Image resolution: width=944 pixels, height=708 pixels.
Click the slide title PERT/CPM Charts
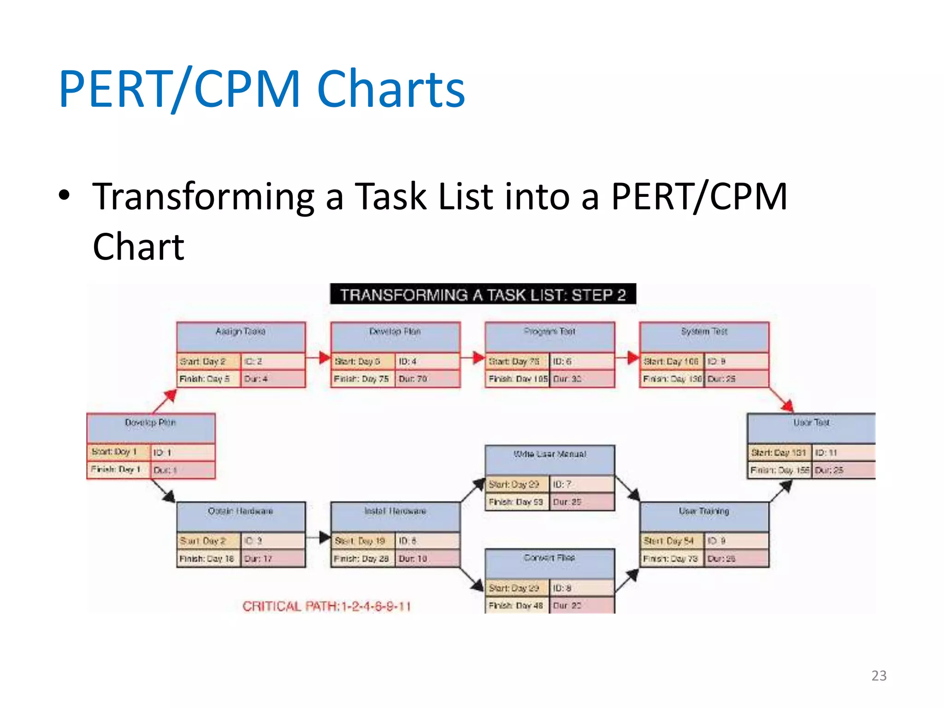[x=262, y=88]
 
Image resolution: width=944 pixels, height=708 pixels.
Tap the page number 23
[x=879, y=675]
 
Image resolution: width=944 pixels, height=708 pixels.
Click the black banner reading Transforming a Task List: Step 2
[x=483, y=295]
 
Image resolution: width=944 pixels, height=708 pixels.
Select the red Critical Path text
[x=326, y=606]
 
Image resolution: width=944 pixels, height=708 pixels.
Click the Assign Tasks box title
[x=240, y=331]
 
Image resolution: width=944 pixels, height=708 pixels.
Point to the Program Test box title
[x=549, y=331]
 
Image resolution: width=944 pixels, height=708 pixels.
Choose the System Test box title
[x=704, y=331]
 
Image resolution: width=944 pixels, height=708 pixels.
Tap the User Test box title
[x=811, y=423]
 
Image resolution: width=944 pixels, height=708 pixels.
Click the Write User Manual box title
[x=549, y=454]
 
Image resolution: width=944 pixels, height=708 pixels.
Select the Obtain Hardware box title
[x=240, y=511]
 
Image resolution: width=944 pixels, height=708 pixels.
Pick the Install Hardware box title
[x=395, y=511]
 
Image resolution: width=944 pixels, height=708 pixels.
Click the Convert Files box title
[x=549, y=558]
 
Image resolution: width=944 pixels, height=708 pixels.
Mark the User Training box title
[x=704, y=511]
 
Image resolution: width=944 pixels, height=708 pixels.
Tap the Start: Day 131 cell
[x=779, y=453]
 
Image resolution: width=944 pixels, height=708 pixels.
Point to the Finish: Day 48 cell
[x=516, y=605]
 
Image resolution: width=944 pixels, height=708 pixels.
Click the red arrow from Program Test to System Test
[x=627, y=357]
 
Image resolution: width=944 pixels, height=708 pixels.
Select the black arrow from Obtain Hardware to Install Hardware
[x=319, y=537]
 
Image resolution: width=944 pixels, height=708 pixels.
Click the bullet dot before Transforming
[x=65, y=195]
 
